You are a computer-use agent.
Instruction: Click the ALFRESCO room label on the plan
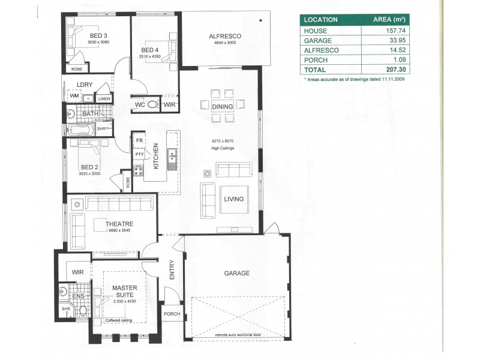[221, 36]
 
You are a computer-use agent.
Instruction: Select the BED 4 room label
[151, 50]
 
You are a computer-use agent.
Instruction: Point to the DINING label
[223, 106]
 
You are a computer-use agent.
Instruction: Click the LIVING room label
[234, 199]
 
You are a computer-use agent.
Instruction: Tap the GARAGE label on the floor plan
[237, 274]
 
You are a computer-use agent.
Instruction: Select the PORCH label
[172, 314]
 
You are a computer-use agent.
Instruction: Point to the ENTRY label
[172, 270]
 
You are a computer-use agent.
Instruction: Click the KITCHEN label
[155, 156]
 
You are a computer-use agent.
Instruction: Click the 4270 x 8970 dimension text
[222, 141]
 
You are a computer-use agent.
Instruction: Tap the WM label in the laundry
[74, 96]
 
